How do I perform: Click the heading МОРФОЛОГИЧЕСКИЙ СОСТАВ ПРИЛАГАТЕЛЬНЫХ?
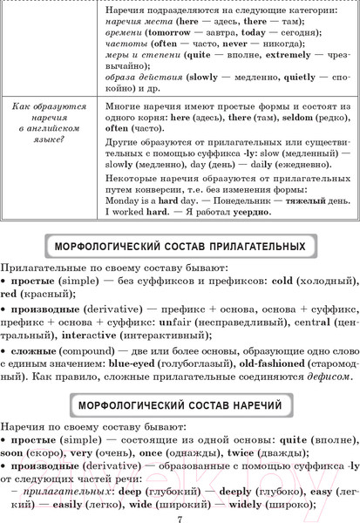[x=180, y=242]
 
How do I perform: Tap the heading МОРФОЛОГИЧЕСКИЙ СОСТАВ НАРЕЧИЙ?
[x=180, y=405]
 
